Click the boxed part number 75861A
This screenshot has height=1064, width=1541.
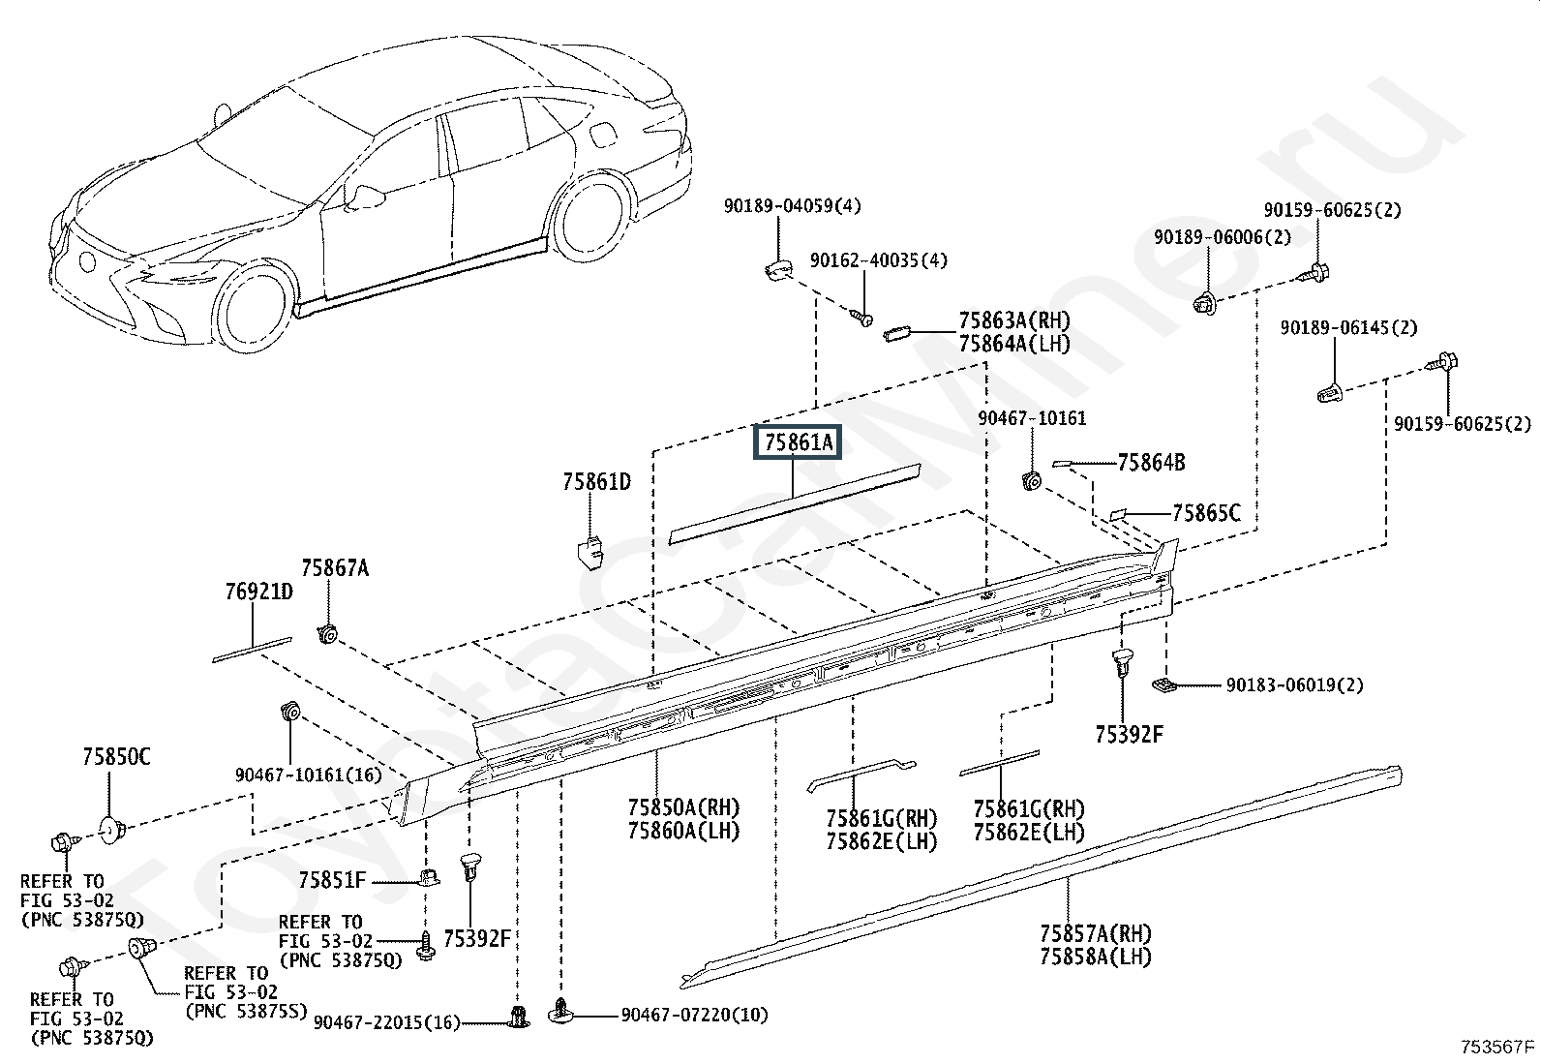pos(798,441)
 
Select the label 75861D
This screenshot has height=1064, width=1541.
pos(596,482)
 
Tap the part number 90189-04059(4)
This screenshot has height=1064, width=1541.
pos(792,206)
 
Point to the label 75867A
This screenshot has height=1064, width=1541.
pos(335,567)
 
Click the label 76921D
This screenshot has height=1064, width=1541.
pos(259,592)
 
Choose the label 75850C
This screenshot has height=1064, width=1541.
pos(116,757)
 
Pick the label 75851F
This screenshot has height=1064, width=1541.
pos(332,880)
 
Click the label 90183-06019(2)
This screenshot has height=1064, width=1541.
pos(1295,684)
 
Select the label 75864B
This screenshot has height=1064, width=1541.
pos(1152,463)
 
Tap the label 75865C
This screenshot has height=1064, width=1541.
pos(1207,513)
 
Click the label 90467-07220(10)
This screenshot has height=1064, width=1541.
pos(694,1016)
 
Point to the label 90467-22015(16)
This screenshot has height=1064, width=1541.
pos(386,1022)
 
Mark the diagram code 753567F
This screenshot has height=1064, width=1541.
pos(1497,1047)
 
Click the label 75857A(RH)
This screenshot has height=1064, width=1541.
pos(1096,934)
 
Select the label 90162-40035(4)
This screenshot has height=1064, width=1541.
pos(879,260)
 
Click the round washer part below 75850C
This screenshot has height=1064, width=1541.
pos(113,831)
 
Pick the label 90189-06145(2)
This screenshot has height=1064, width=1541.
pos(1349,327)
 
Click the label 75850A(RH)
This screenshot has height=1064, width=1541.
pos(683,807)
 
